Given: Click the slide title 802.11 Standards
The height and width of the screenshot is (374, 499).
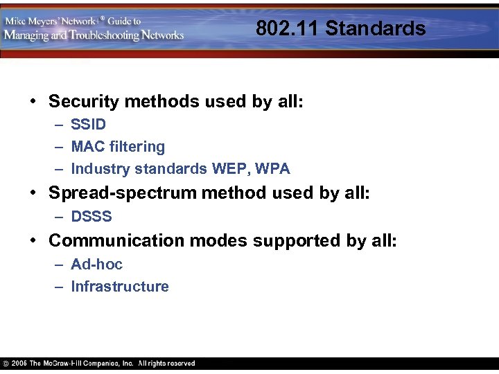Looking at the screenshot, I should pyautogui.click(x=340, y=28).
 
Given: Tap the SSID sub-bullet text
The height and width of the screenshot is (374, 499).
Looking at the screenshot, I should pyautogui.click(x=89, y=125).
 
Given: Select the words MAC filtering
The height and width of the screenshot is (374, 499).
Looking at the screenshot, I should pyautogui.click(x=118, y=147).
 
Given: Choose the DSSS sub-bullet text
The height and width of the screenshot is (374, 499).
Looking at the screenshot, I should pyautogui.click(x=91, y=217).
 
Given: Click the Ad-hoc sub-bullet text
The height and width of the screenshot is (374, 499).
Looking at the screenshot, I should pyautogui.click(x=96, y=265).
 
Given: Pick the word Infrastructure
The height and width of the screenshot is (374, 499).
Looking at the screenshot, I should pyautogui.click(x=120, y=287).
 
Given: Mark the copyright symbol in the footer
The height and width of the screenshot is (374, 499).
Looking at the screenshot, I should pyautogui.click(x=6, y=364).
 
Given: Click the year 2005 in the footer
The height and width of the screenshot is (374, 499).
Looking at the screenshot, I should pyautogui.click(x=19, y=364).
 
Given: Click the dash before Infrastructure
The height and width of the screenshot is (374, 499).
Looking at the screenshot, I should pyautogui.click(x=59, y=287).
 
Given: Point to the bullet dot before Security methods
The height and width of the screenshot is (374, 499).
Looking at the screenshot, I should pyautogui.click(x=33, y=102).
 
